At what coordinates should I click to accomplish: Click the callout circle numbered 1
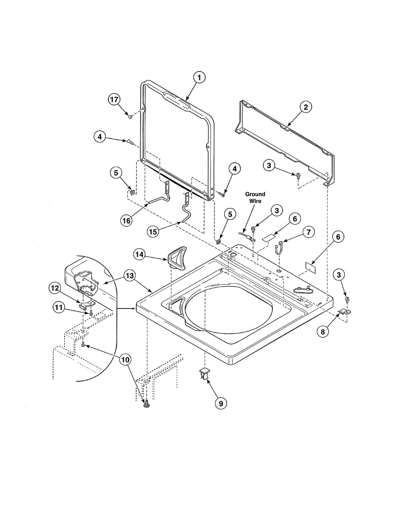(x=199, y=78)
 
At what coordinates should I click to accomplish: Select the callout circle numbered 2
(x=305, y=107)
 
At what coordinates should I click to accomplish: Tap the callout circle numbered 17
(x=114, y=100)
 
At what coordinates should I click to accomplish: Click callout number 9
(x=220, y=403)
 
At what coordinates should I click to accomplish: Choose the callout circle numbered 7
(x=308, y=232)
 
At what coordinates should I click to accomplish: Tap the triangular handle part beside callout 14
(x=177, y=259)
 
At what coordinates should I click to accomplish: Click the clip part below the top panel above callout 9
(x=205, y=373)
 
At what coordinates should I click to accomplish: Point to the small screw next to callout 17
(x=130, y=116)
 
